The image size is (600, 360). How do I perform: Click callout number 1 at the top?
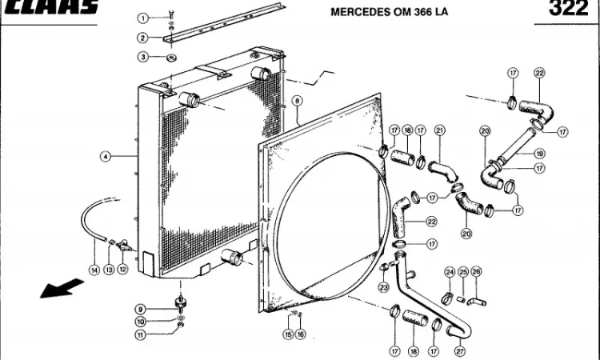[x=143, y=18]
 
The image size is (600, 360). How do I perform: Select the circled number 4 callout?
[x=105, y=157]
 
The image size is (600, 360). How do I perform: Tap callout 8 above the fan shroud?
[x=297, y=102]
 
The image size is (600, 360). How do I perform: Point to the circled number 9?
[x=140, y=310]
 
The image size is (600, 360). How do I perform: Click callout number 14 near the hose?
[x=94, y=270]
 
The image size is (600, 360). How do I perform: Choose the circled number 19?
[x=540, y=154]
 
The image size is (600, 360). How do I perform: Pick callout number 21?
[x=439, y=130]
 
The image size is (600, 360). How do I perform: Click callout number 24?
[x=450, y=272]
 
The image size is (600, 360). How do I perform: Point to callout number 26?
[x=477, y=272]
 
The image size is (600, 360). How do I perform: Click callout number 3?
[x=143, y=57]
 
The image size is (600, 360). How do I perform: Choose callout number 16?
[x=301, y=334]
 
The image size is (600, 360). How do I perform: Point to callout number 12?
[x=122, y=270]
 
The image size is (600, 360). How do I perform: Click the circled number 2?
[x=143, y=38]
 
